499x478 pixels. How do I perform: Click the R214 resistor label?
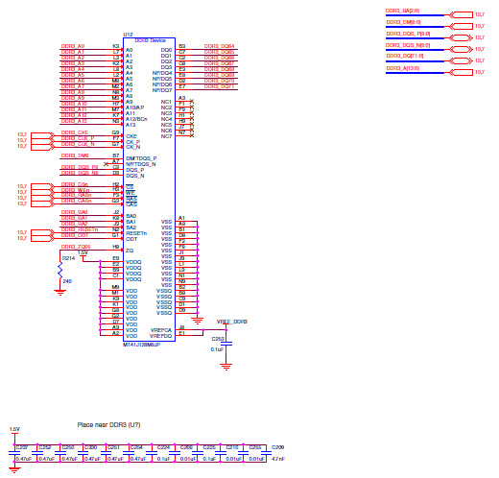68,258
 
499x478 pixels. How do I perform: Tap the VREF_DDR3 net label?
231,323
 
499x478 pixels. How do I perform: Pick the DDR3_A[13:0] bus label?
402,68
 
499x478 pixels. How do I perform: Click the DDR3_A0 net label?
74,46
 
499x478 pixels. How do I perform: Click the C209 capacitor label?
277,446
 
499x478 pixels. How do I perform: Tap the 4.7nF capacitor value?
277,460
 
